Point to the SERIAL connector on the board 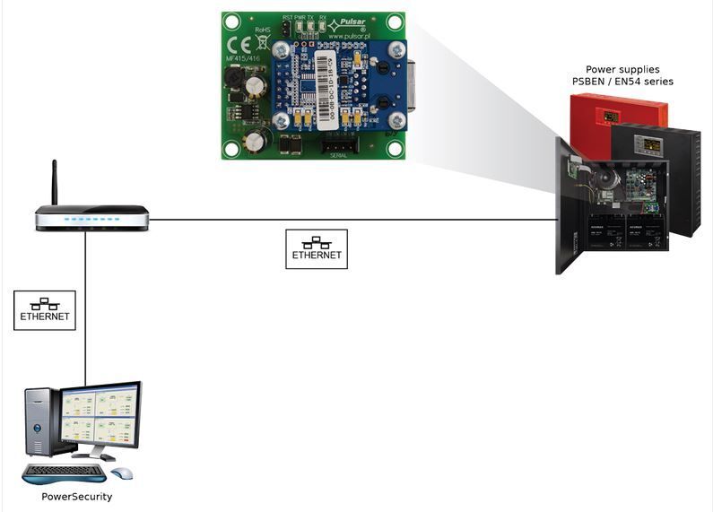click(338, 143)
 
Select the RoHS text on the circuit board click(263, 30)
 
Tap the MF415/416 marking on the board click(241, 63)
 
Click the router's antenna click(55, 183)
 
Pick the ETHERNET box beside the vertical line click(44, 310)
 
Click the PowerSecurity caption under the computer click(77, 496)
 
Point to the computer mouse click(121, 473)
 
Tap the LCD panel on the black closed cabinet click(650, 144)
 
